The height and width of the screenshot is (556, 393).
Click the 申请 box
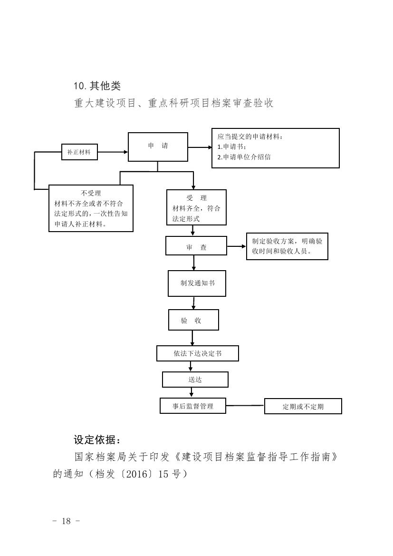pos(158,147)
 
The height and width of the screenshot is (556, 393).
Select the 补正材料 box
pos(79,152)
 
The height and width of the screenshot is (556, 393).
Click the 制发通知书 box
pos(197,283)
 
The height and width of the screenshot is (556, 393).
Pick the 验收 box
pos(193,320)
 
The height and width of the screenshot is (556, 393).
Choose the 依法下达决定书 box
pos(197,354)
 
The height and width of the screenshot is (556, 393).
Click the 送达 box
pos(195,380)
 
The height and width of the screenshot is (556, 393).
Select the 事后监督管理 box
pos(192,406)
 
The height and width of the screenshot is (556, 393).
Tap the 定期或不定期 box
pos(303,407)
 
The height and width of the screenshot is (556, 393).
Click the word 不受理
pos(91,193)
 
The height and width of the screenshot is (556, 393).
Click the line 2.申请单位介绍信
pos(244,157)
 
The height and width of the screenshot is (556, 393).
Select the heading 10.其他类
pos(97,86)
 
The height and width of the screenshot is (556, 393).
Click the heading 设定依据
pos(94,439)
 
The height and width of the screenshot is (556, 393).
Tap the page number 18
pos(66,521)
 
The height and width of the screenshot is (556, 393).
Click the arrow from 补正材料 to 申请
pos(113,152)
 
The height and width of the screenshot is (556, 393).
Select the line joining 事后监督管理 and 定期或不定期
pos(245,406)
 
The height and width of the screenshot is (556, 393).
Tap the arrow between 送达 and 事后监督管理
pos(192,392)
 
